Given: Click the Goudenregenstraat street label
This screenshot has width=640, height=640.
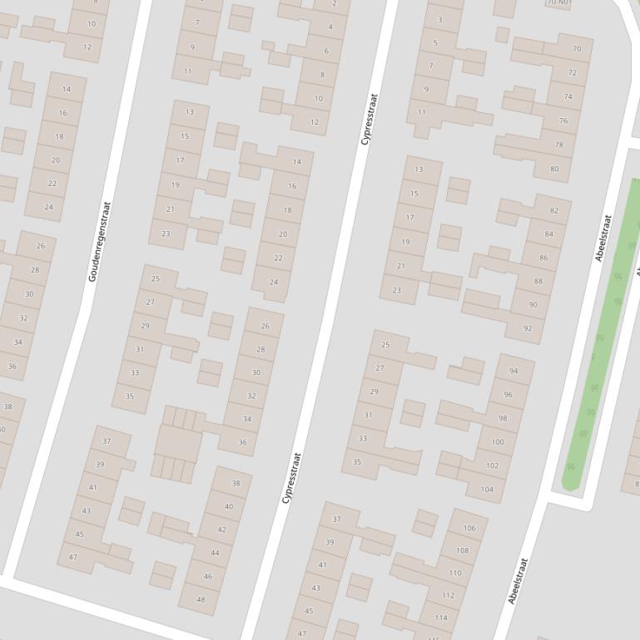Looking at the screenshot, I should point(98,241).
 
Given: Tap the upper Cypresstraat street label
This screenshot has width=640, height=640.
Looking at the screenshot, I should point(369,119).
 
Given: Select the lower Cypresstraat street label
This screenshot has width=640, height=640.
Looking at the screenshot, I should point(291,478).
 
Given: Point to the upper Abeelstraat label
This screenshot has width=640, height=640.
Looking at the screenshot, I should point(603,238).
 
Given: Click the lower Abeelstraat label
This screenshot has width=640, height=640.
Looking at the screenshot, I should point(517,580).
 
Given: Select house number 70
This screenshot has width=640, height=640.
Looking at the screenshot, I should point(577,49).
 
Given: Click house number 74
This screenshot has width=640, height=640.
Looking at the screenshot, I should point(568,96).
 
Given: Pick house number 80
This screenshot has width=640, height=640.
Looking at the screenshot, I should point(554,169).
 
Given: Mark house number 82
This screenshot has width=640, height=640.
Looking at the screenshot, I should point(554,210).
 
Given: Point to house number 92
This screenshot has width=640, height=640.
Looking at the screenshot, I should point(528,328).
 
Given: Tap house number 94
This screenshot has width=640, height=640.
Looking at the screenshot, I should point(513,371).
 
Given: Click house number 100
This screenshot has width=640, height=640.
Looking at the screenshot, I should point(498,442).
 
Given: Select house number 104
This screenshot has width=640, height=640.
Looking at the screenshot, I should point(487,490).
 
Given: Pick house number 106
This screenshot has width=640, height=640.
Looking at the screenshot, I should point(469,528).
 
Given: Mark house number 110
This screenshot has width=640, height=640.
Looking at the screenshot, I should point(454,573).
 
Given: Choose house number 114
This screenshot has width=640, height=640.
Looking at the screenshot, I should point(440,618).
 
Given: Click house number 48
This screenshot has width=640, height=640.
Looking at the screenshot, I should point(201,599).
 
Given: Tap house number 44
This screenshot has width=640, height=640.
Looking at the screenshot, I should point(215,553).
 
